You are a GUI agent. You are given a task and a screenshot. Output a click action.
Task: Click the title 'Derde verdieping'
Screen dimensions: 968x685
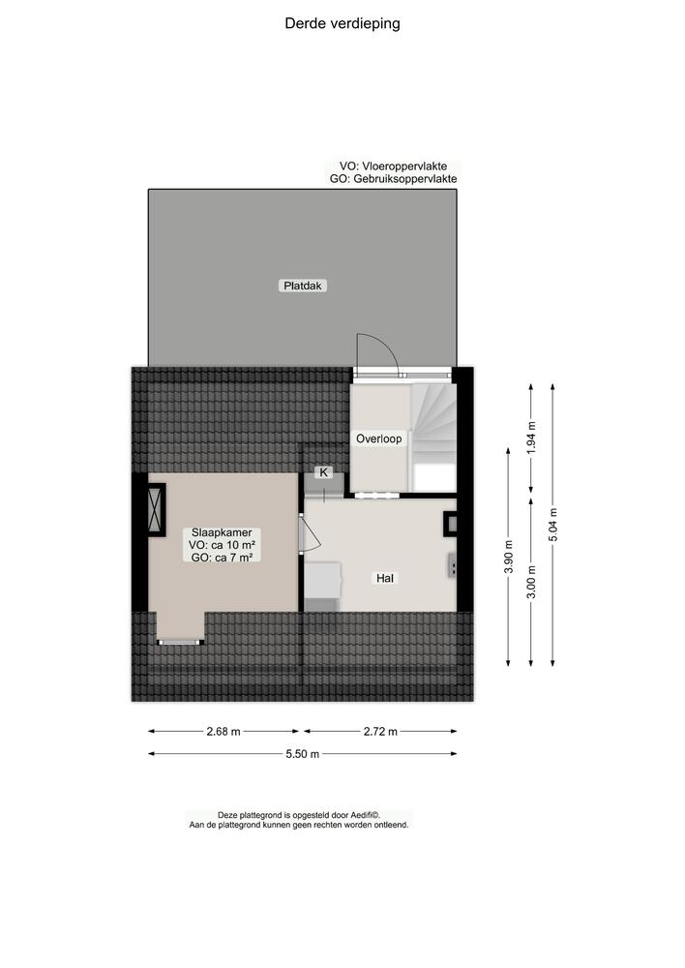click(342, 23)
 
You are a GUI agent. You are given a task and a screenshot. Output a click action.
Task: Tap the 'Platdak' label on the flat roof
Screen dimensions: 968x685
click(303, 286)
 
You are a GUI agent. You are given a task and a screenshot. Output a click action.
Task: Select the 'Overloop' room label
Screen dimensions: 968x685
click(378, 438)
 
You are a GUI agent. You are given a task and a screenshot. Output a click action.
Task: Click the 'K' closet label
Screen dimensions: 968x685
click(324, 472)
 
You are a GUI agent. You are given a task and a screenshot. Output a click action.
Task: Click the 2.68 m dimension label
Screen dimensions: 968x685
click(224, 732)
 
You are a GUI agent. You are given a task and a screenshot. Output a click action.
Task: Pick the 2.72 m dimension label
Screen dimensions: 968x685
click(379, 732)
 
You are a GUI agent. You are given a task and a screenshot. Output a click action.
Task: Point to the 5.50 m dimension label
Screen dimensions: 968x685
click(302, 755)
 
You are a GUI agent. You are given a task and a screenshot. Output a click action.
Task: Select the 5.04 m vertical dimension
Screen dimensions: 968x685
click(552, 526)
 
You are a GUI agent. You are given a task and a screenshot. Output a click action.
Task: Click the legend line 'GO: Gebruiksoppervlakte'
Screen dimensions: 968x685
click(393, 179)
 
